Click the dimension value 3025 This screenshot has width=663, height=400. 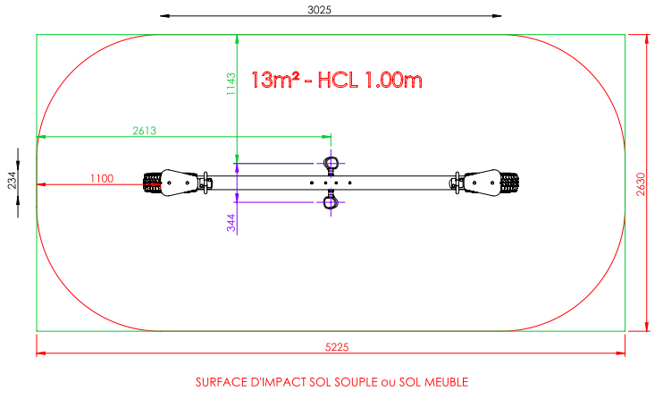click(319, 10)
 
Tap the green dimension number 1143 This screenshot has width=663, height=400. click(231, 84)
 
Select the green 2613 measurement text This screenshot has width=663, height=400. click(144, 131)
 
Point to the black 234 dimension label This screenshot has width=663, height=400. click(12, 180)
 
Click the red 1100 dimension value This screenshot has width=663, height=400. click(102, 179)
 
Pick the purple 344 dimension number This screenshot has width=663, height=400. click(231, 223)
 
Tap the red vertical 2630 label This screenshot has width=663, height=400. click(641, 184)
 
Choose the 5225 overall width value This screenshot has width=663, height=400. click(337, 347)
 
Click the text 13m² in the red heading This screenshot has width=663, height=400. click(275, 80)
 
